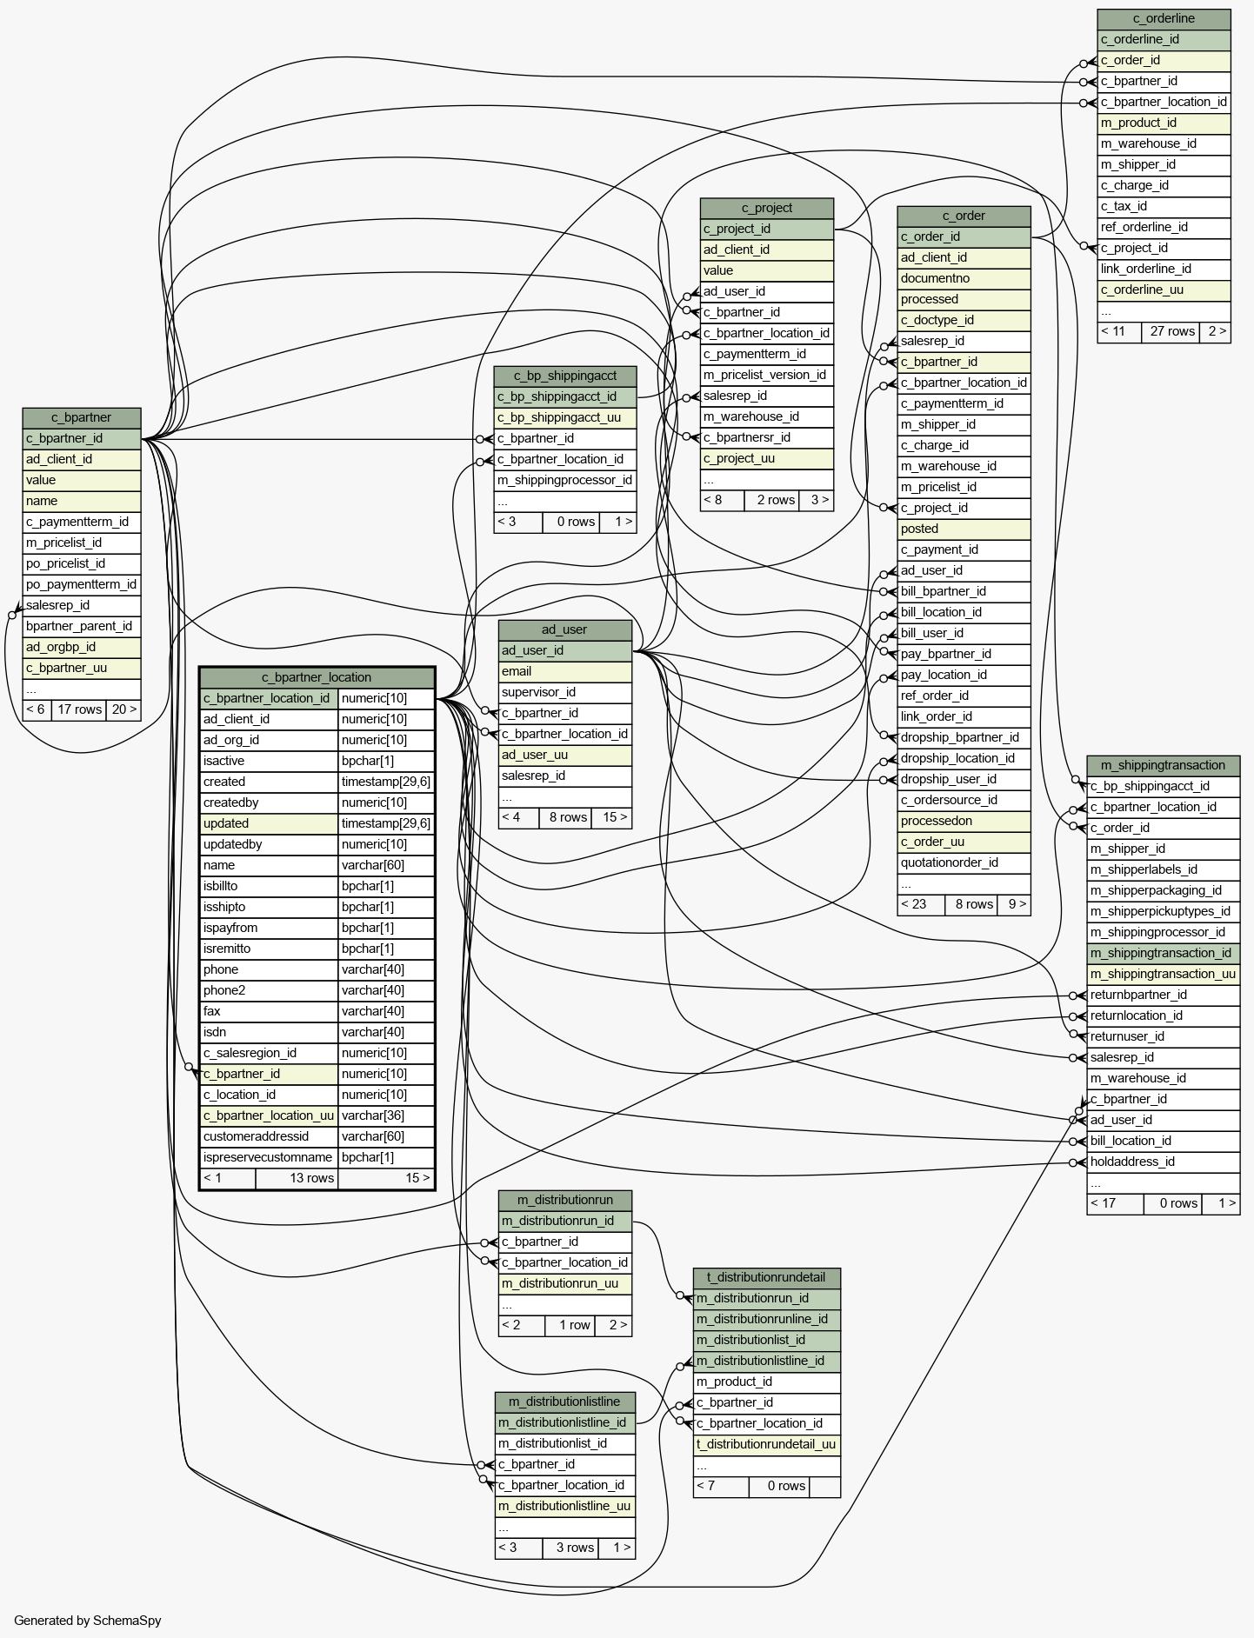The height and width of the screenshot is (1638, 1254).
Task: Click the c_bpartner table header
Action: click(x=82, y=417)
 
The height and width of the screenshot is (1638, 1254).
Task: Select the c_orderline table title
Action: click(x=1164, y=18)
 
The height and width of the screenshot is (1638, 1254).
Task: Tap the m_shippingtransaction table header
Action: click(x=1163, y=765)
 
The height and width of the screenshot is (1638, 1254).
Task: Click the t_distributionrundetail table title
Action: click(x=766, y=1277)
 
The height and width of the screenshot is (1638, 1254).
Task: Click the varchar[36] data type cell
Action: click(x=386, y=1115)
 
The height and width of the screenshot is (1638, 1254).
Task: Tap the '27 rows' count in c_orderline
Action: click(x=1172, y=331)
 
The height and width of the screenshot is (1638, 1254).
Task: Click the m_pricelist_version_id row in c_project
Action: click(x=766, y=375)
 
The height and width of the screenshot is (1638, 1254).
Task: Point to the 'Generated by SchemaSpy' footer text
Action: click(x=88, y=1621)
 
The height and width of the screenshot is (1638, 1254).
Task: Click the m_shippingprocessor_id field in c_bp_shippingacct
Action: click(x=564, y=480)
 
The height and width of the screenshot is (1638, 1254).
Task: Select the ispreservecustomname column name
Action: click(x=269, y=1157)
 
